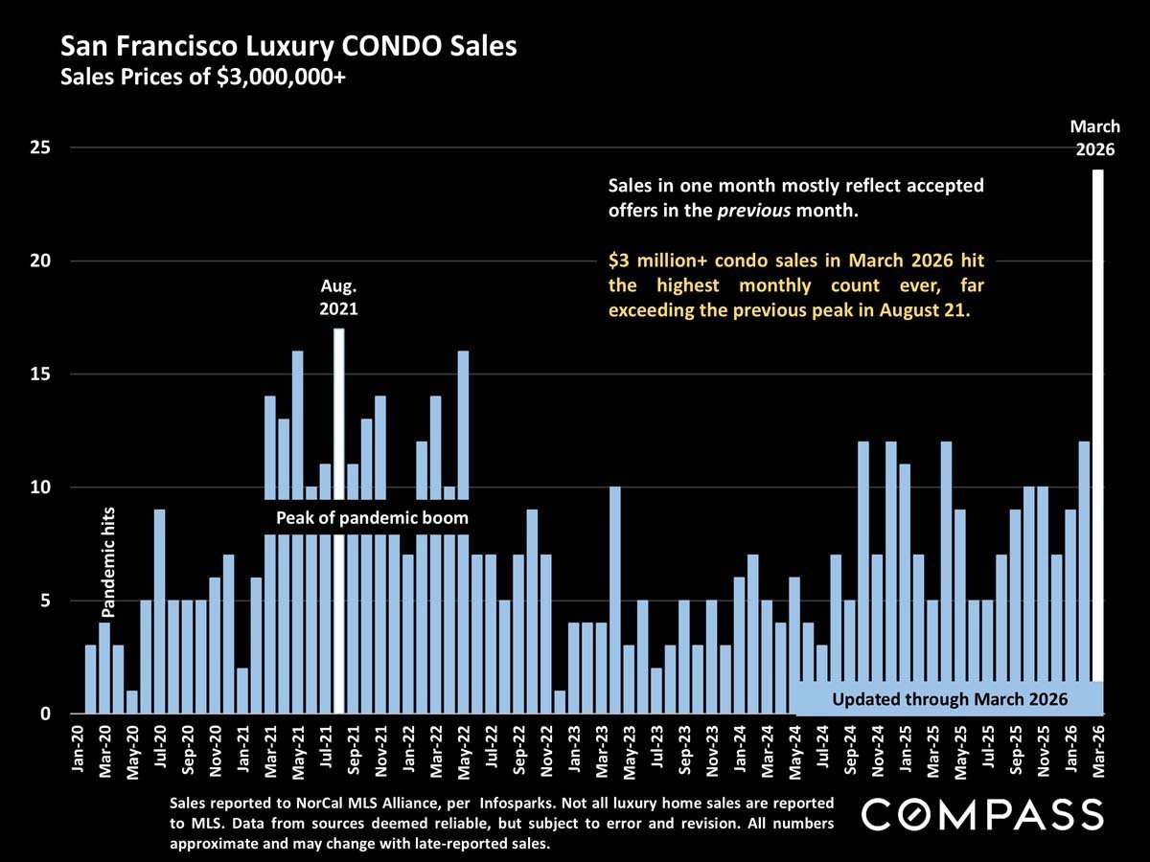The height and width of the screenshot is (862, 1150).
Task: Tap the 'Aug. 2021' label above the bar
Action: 338,298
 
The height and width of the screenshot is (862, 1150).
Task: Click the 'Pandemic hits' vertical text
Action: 108,561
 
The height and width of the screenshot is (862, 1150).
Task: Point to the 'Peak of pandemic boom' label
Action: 373,518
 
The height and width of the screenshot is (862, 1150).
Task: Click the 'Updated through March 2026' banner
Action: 949,698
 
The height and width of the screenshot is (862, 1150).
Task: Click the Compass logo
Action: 982,815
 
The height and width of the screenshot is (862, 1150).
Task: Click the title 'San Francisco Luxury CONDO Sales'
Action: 288,46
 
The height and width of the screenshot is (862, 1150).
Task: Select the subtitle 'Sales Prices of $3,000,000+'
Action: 202,78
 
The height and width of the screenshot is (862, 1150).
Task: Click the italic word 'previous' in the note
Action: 753,211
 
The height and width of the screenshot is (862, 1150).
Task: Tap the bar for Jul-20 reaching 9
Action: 160,613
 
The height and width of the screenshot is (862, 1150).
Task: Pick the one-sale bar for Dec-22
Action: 560,702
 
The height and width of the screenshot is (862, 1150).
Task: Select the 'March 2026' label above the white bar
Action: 1094,138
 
